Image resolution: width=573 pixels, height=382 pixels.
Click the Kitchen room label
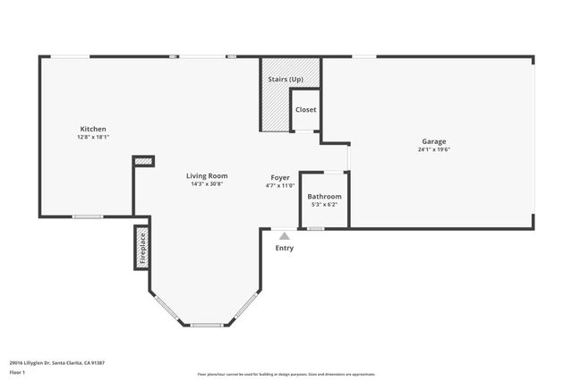(93, 129)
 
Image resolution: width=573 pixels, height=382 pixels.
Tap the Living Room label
(207, 175)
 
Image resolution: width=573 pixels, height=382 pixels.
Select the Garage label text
(434, 141)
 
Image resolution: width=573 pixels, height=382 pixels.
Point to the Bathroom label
(324, 196)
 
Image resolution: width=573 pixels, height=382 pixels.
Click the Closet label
(306, 109)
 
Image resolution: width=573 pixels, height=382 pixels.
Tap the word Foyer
(281, 176)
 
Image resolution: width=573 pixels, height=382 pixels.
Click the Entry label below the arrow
(284, 248)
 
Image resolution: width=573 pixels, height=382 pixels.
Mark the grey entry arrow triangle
(284, 236)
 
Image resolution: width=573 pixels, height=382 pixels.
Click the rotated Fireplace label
(141, 249)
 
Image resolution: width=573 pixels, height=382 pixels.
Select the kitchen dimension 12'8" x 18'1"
(93, 138)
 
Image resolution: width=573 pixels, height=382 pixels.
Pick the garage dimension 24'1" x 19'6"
(434, 150)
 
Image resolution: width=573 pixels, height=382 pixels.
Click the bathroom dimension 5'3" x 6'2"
(324, 205)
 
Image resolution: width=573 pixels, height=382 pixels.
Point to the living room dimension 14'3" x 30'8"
(207, 184)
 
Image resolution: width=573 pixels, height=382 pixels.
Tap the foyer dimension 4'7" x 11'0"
(281, 185)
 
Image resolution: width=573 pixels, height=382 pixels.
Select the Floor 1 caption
(17, 371)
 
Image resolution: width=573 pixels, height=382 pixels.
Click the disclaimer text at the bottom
(286, 373)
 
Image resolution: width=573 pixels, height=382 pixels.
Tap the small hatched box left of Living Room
(143, 161)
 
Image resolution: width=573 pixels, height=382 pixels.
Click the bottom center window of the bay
(207, 325)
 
